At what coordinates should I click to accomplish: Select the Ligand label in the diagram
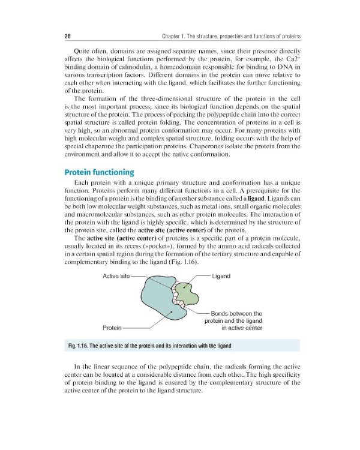point(221,275)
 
